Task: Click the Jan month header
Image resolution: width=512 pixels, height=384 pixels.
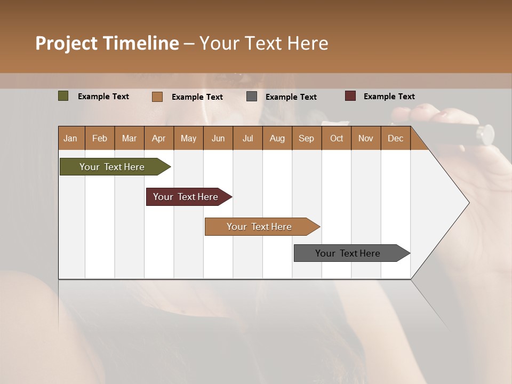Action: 70,138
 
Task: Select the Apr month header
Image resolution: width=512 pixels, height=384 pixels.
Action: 158,138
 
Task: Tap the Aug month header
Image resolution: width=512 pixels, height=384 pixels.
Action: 277,138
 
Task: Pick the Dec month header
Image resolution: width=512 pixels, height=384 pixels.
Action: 395,138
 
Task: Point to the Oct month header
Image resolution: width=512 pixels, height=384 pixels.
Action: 336,138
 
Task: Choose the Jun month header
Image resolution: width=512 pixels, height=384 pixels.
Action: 218,138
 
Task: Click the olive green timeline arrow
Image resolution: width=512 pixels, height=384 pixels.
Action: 112,167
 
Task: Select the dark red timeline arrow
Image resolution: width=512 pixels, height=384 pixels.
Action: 186,197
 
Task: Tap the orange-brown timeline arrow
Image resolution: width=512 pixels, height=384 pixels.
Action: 259,227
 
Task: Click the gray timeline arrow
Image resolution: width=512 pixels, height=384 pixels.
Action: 348,253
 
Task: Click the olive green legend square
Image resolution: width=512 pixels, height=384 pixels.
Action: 63,96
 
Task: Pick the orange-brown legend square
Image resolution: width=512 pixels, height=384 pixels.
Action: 157,97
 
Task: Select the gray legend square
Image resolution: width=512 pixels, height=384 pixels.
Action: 252,97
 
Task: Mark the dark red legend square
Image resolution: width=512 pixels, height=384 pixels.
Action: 350,96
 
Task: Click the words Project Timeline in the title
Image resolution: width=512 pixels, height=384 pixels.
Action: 107,43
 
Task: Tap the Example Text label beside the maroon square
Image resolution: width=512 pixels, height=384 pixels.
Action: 389,97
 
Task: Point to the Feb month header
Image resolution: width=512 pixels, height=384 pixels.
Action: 99,138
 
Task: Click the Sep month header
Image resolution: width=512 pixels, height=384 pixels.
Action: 306,138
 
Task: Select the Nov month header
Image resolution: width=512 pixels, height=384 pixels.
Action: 365,138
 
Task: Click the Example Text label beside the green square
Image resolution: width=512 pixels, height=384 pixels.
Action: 103,97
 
